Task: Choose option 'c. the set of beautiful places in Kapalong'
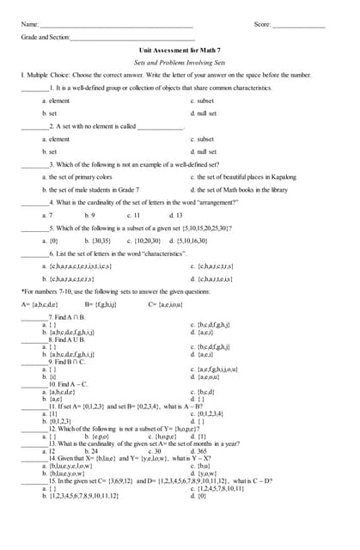tap(241, 177)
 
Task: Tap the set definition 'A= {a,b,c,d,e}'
tap(40, 304)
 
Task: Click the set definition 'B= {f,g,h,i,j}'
tap(101, 304)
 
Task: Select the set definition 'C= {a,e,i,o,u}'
tap(165, 304)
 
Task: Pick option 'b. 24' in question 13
tap(91, 450)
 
